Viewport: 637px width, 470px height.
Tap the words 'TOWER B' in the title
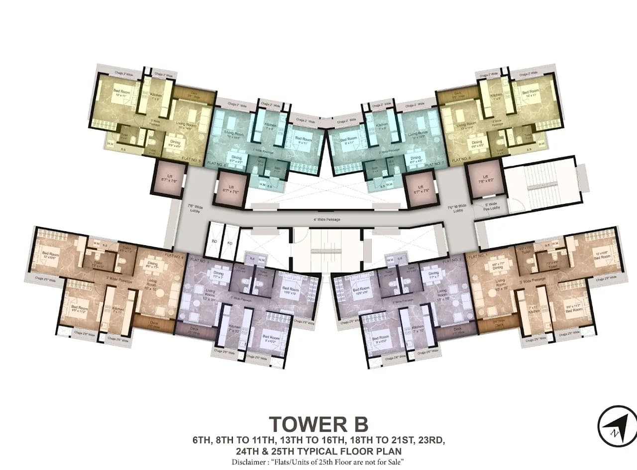(x=318, y=425)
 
